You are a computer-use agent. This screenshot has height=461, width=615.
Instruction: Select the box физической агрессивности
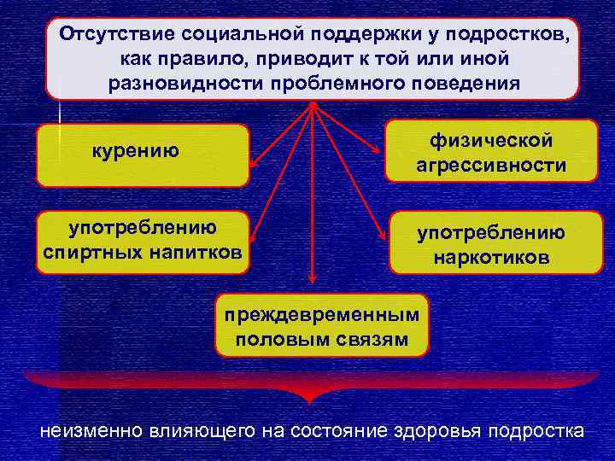click(x=491, y=151)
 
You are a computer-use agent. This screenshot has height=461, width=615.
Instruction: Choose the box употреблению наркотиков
click(x=491, y=243)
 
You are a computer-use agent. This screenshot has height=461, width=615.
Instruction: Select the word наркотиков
click(x=491, y=257)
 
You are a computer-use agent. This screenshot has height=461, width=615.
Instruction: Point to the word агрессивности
click(x=491, y=166)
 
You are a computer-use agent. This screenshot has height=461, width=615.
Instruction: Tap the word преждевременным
click(x=322, y=313)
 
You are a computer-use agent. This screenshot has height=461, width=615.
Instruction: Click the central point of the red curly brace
click(x=307, y=397)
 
